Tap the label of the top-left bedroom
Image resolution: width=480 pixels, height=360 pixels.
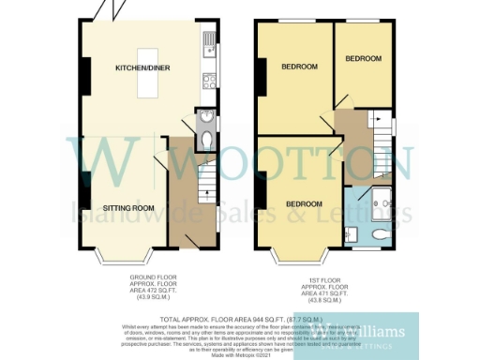[299, 67]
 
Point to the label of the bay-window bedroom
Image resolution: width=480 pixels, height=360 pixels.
[305, 204]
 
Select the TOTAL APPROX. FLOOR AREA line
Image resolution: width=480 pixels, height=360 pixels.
[240, 320]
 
